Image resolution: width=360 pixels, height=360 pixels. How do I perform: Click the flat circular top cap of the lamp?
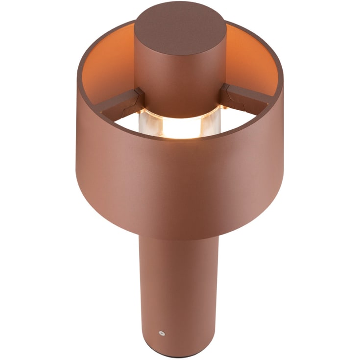point(180,26)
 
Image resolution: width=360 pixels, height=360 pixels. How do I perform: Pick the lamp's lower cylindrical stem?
point(179,289)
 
